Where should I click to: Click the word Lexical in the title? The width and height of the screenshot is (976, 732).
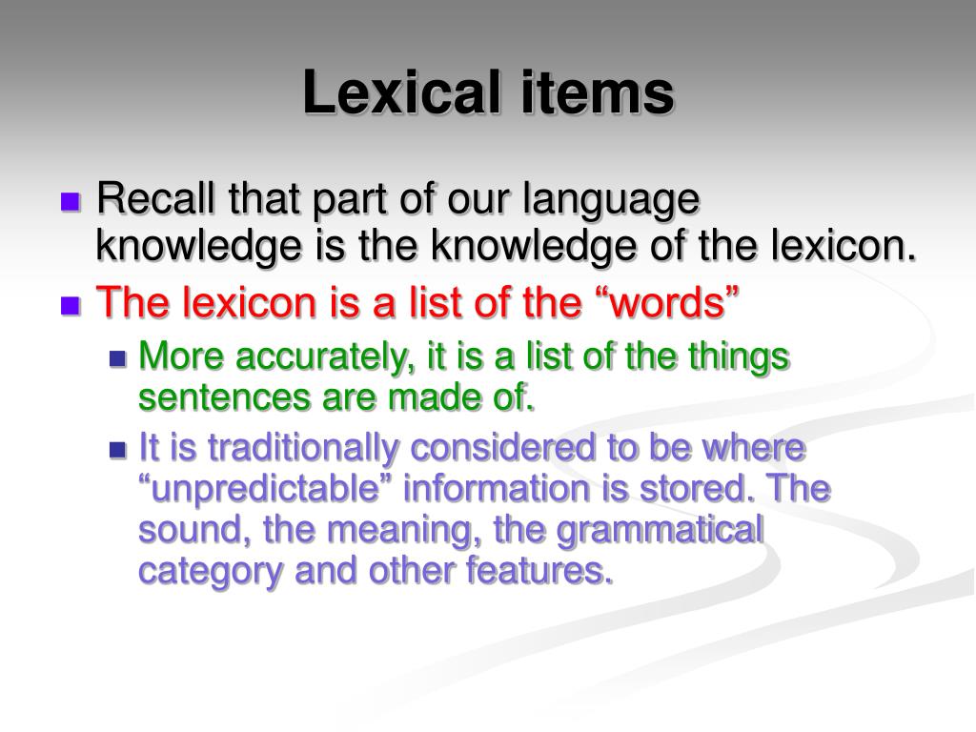pyautogui.click(x=389, y=93)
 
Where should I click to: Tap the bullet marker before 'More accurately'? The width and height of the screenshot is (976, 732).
pyautogui.click(x=118, y=359)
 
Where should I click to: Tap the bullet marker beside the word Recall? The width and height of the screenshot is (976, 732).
pyautogui.click(x=70, y=203)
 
